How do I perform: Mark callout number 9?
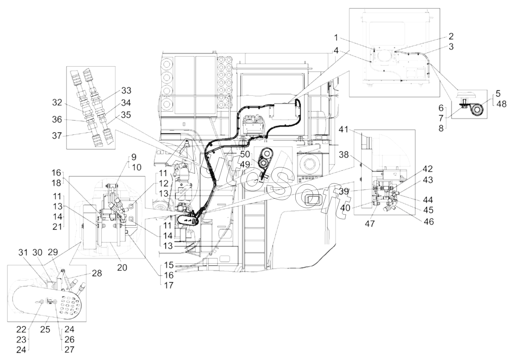(122, 157)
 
